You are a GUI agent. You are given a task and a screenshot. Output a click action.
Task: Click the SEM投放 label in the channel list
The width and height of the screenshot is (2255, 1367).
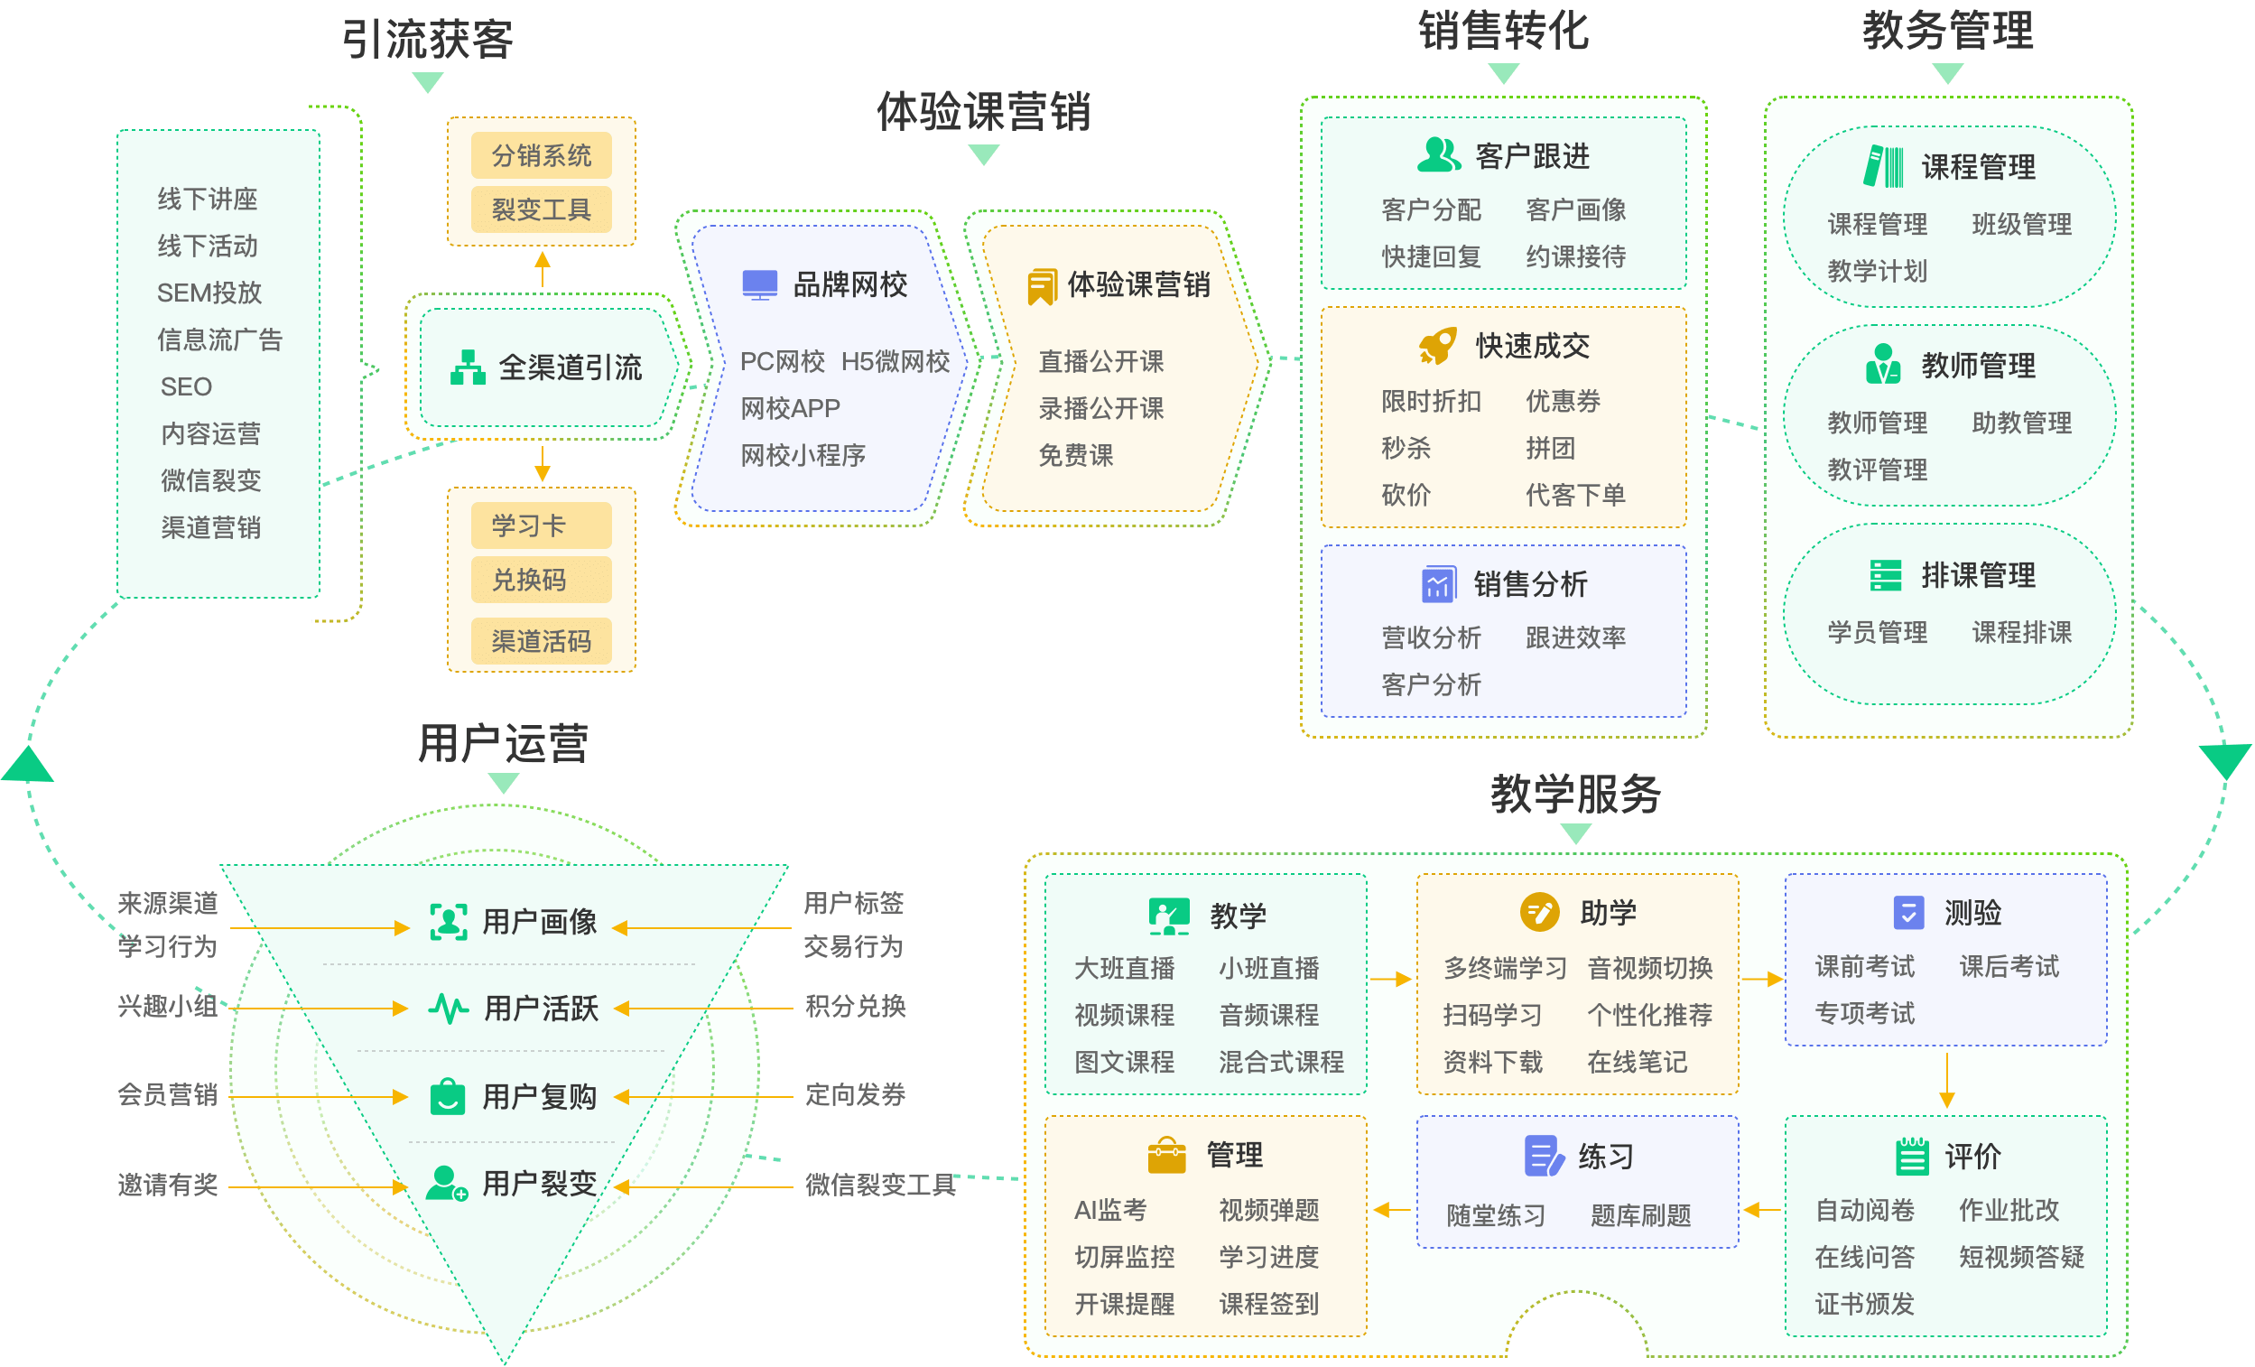(x=209, y=293)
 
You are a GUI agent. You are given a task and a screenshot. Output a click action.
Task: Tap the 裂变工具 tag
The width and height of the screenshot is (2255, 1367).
(x=541, y=209)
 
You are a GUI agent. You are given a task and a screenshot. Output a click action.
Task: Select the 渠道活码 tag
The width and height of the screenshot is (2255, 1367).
(x=541, y=641)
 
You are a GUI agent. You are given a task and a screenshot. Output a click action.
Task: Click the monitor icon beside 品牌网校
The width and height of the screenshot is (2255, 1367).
(x=759, y=284)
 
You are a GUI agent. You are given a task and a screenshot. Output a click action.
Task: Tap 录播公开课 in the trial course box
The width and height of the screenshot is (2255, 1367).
(x=1101, y=408)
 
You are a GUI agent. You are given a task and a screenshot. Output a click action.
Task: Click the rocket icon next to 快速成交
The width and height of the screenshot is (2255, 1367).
(x=1438, y=346)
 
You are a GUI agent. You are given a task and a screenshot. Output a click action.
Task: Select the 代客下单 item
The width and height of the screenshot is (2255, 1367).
(x=1575, y=496)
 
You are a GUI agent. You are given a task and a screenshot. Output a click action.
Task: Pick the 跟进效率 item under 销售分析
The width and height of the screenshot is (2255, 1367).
(x=1575, y=637)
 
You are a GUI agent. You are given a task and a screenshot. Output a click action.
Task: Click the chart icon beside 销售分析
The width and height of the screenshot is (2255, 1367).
(x=1438, y=584)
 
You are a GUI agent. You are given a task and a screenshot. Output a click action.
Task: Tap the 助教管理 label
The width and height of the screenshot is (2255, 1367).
(x=2021, y=423)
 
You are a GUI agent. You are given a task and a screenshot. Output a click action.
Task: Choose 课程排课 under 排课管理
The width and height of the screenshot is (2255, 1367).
(x=2021, y=633)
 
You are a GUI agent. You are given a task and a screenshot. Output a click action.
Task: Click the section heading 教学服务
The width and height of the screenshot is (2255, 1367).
(x=1575, y=794)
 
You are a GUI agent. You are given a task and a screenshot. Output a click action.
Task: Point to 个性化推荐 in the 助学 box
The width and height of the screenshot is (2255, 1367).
(x=1649, y=1016)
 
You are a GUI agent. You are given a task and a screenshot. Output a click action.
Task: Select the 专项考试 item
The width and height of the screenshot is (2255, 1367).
(x=1864, y=1014)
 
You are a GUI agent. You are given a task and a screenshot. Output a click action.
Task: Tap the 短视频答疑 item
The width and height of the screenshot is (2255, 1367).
(x=2021, y=1257)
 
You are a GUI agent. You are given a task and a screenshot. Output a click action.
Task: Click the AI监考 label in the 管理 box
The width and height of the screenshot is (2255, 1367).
(x=1110, y=1211)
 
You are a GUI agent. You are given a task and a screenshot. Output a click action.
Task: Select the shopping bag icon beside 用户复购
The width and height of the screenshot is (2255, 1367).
(x=448, y=1096)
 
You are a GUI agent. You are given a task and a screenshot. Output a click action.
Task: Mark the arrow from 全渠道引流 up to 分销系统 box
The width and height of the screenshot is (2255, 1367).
(x=543, y=269)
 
